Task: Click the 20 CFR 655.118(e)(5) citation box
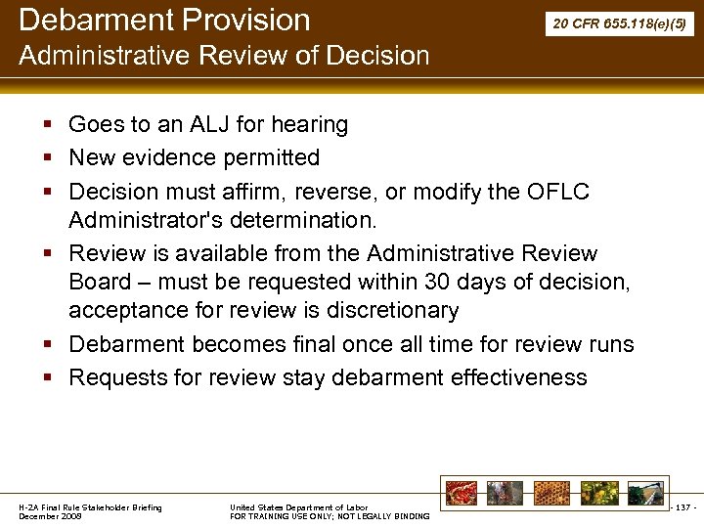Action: (x=620, y=22)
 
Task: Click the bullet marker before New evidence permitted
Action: (x=48, y=157)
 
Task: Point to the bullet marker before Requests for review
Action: (x=48, y=377)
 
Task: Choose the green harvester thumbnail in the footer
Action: (x=645, y=493)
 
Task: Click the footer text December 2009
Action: (x=51, y=516)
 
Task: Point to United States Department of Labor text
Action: (x=298, y=507)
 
